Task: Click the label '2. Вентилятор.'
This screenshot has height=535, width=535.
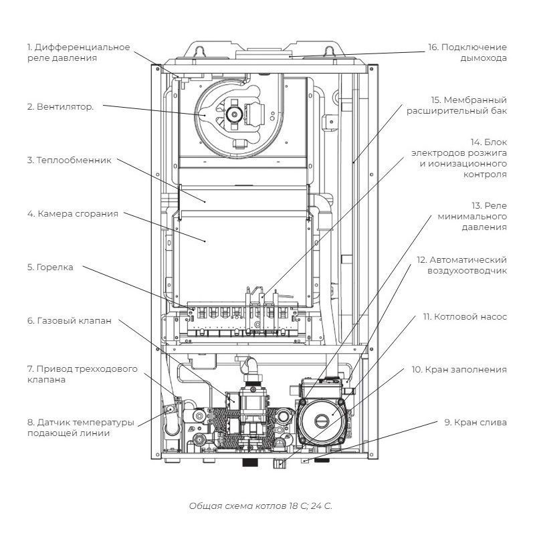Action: coord(60,107)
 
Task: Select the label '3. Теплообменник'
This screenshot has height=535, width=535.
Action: coord(68,160)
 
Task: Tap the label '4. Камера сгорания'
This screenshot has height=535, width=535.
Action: coord(72,214)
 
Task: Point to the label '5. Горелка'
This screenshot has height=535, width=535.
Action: coord(50,267)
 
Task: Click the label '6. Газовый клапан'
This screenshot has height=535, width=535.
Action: coord(69,321)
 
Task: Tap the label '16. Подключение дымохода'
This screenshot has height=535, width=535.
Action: coord(467,53)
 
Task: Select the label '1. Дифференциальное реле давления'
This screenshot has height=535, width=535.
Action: coord(78,53)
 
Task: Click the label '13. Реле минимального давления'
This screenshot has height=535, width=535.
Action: coord(472,217)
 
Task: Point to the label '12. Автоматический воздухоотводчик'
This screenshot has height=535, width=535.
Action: coord(461,265)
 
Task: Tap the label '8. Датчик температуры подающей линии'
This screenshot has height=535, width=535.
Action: coord(81,428)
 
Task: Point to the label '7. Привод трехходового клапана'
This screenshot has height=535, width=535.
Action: coord(82,374)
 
